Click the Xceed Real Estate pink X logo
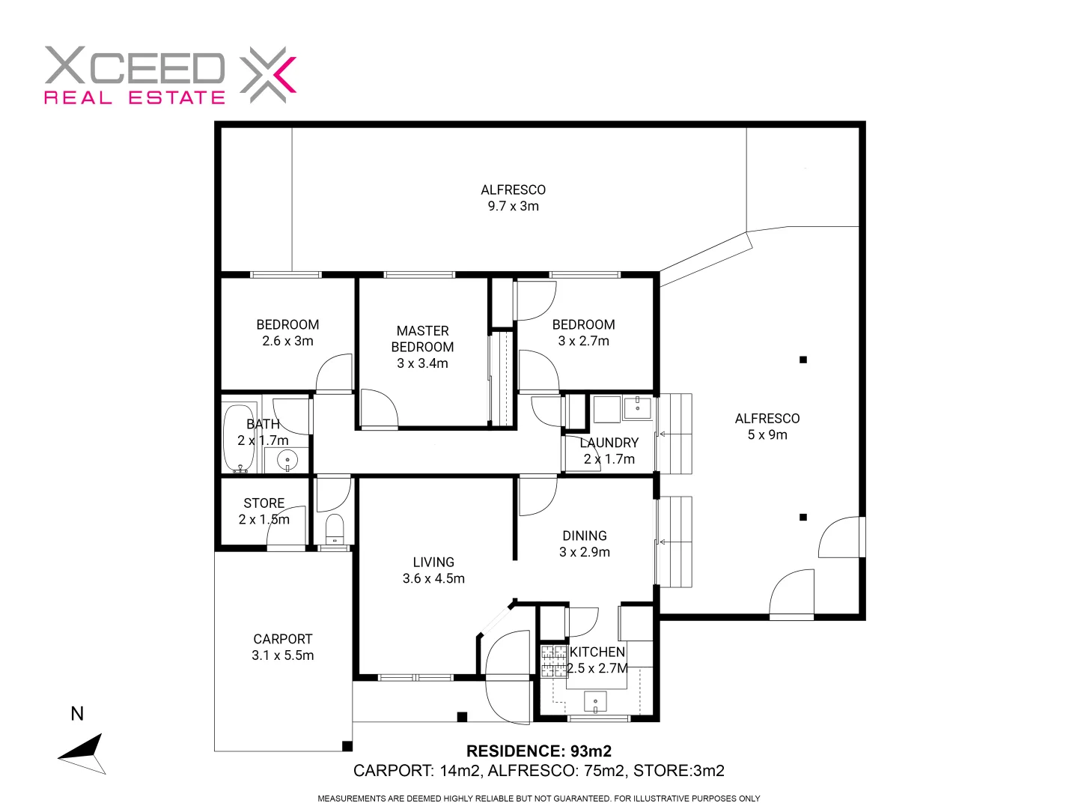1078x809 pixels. [268, 75]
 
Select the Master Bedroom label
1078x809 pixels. [422, 347]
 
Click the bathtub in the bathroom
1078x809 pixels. [239, 438]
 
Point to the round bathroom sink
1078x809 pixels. [287, 460]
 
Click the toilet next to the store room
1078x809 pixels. [334, 529]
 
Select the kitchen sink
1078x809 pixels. [595, 703]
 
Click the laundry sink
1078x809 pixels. [638, 408]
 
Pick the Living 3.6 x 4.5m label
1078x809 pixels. [433, 570]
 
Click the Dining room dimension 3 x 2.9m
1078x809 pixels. [585, 552]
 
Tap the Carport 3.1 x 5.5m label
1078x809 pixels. [282, 647]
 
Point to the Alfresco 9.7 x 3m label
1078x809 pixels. [513, 198]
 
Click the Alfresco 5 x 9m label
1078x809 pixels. [767, 426]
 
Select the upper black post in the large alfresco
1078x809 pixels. [803, 360]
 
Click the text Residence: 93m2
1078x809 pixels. [539, 751]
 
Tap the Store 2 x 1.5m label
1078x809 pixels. [264, 511]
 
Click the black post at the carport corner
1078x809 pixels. [347, 746]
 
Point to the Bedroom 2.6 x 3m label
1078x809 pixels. [287, 333]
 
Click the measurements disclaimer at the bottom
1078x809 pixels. [539, 799]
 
